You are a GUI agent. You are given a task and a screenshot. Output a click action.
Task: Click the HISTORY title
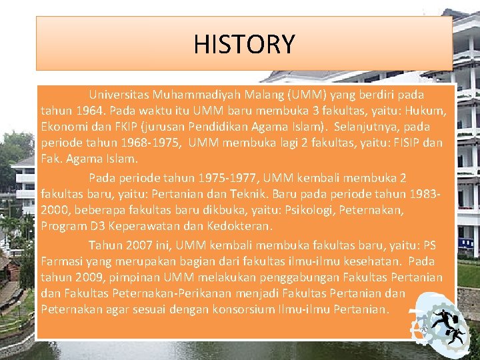coord(244,44)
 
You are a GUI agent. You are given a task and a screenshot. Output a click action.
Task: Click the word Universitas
coord(118,95)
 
